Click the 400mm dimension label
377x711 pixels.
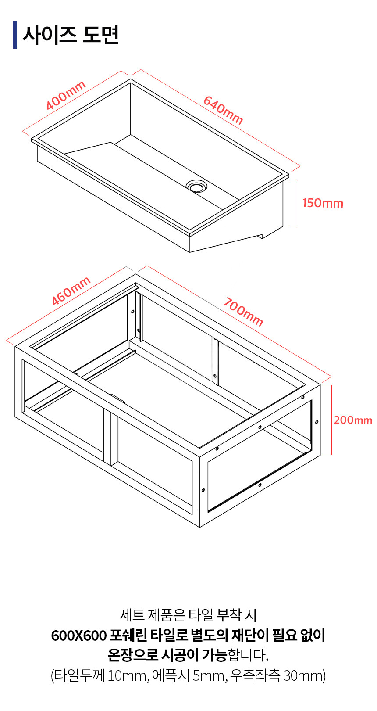[66, 96]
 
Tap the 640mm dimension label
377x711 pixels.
[223, 110]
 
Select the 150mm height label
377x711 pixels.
[323, 203]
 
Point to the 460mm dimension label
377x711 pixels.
[71, 291]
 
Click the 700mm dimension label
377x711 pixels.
[243, 312]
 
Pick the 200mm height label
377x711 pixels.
[353, 420]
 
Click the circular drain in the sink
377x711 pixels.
[196, 186]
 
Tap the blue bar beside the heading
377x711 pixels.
[15, 35]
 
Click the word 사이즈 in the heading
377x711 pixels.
[50, 35]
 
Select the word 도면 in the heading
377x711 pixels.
[101, 35]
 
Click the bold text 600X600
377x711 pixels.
[79, 636]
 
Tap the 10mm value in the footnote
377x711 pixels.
[128, 676]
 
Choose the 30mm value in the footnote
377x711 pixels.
[303, 676]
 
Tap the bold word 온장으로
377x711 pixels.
[133, 655]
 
